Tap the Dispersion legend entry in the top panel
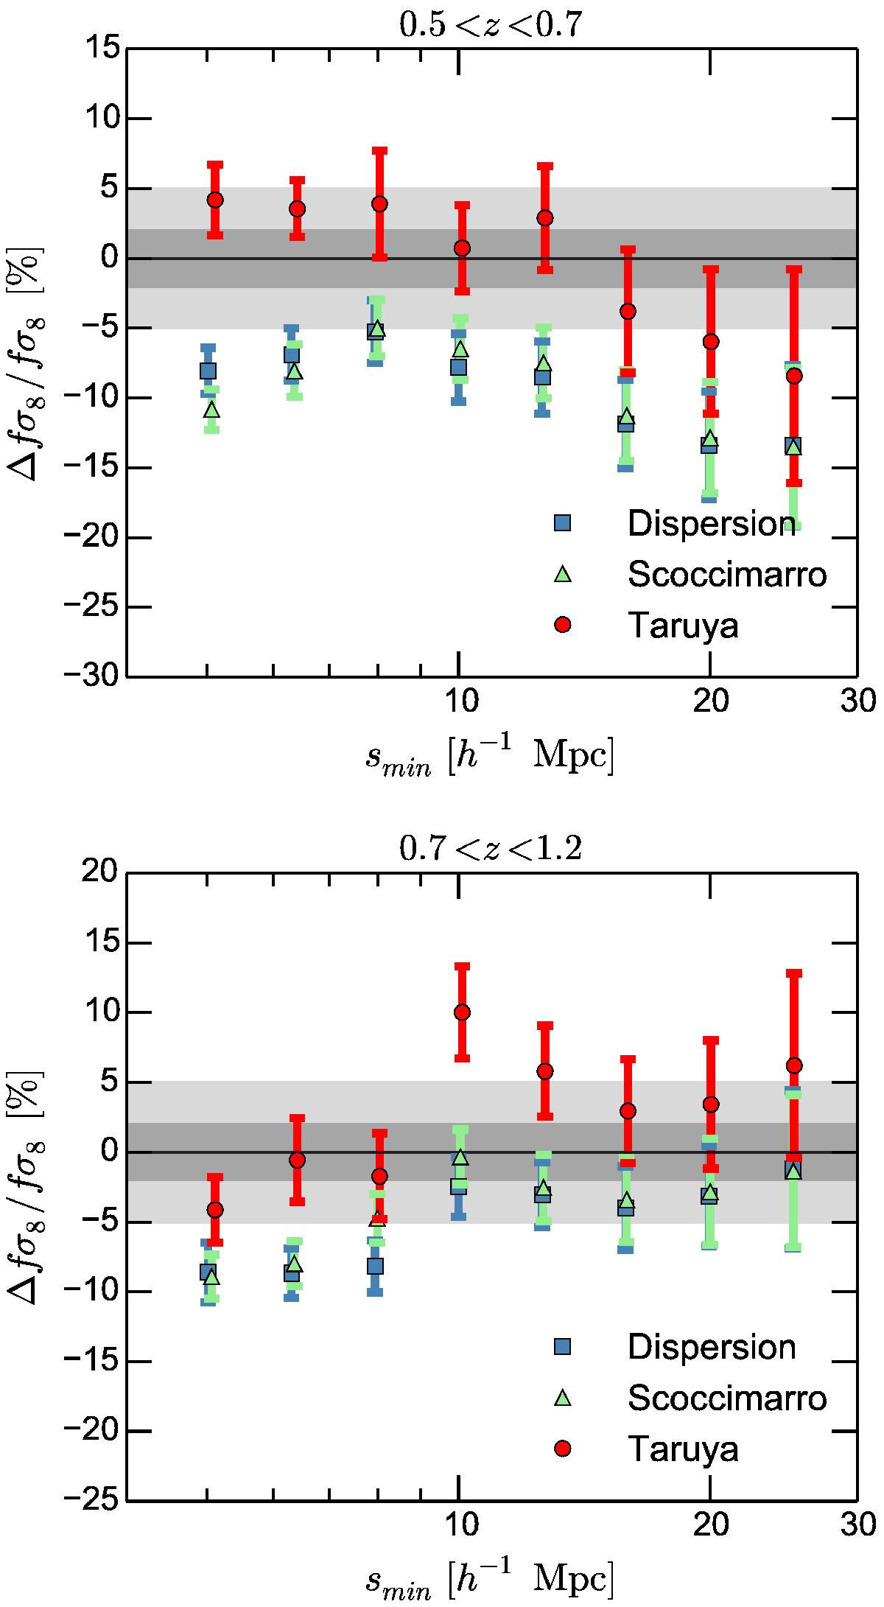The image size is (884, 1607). [x=711, y=523]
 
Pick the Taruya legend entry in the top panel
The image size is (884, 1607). [x=682, y=625]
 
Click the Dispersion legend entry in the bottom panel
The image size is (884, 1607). [x=711, y=1347]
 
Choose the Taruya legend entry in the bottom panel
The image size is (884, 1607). [x=682, y=1449]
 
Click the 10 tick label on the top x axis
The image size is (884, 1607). [x=458, y=701]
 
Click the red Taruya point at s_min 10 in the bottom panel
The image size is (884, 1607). [x=462, y=1012]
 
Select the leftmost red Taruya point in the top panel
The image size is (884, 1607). [x=215, y=200]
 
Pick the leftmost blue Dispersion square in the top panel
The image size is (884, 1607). [x=208, y=371]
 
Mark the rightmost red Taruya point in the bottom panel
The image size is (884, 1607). [x=794, y=1065]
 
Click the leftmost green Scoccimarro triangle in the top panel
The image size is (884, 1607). [x=212, y=409]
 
